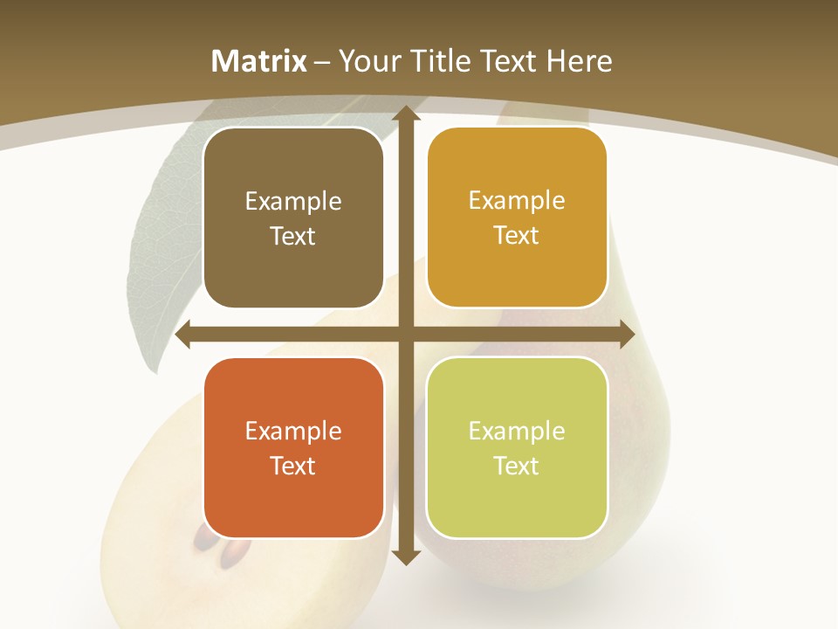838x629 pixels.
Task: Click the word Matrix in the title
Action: point(259,61)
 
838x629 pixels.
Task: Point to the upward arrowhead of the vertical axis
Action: point(405,114)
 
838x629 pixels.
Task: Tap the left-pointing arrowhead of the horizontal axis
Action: point(184,335)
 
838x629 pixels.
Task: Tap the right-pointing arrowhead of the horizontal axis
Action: point(626,335)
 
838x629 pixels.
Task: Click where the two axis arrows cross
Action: point(405,335)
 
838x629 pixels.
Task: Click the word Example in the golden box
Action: point(517,201)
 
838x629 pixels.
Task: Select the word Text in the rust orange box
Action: point(292,466)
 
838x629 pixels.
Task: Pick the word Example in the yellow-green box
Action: point(517,431)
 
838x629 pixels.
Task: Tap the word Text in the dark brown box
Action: point(292,236)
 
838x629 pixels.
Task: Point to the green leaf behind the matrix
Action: point(161,262)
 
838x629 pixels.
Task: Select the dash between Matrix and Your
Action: point(322,62)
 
